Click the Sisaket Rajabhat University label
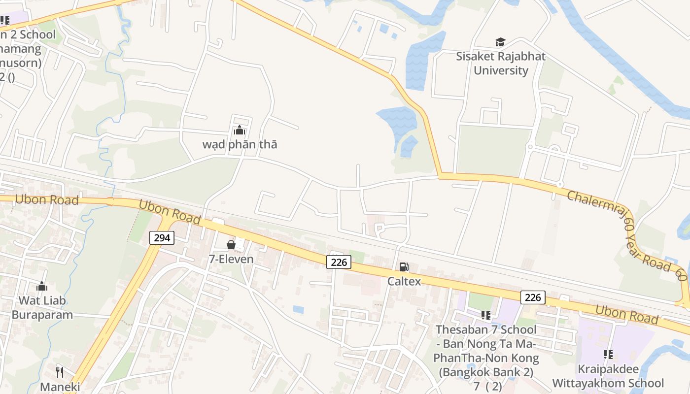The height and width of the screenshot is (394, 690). (500, 63)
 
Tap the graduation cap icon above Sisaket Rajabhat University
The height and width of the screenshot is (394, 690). (500, 42)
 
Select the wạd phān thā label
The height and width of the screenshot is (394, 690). (240, 144)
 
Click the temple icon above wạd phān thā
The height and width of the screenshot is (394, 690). (240, 130)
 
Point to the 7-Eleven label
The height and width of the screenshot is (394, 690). (231, 259)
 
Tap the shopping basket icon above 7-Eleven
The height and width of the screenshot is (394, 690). (231, 245)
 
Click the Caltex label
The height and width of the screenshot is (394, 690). (404, 281)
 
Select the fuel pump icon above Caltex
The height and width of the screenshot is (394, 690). (404, 267)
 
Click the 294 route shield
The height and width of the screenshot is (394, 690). (162, 238)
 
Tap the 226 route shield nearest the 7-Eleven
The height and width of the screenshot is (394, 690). (339, 262)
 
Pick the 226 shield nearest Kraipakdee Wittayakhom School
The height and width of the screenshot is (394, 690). (533, 297)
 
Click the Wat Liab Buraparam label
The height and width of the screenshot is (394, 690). (42, 307)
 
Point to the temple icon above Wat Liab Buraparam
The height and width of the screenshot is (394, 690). (42, 286)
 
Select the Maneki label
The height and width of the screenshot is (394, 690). (60, 387)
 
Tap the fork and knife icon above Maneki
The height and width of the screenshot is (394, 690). (60, 371)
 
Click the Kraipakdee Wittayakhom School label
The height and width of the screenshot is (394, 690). (608, 376)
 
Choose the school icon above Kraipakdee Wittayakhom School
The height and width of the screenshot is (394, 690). (608, 355)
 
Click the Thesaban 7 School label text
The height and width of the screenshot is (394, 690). (486, 329)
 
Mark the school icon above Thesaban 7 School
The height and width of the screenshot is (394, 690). (486, 315)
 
